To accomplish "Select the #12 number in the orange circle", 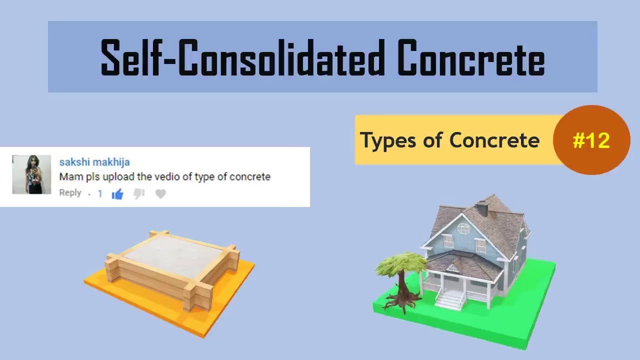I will pyautogui.click(x=591, y=140).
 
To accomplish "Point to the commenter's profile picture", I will pyautogui.click(x=31, y=174).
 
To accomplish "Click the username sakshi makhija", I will pyautogui.click(x=94, y=162).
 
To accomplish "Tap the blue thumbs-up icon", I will pyautogui.click(x=117, y=194).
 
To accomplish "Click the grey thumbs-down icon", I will pyautogui.click(x=139, y=193).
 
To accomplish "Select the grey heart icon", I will pyautogui.click(x=160, y=194).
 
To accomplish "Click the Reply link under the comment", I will pyautogui.click(x=70, y=193).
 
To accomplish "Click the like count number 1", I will pyautogui.click(x=100, y=193).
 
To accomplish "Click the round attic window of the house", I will pyautogui.click(x=463, y=228).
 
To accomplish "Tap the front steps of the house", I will pyautogui.click(x=449, y=300).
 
